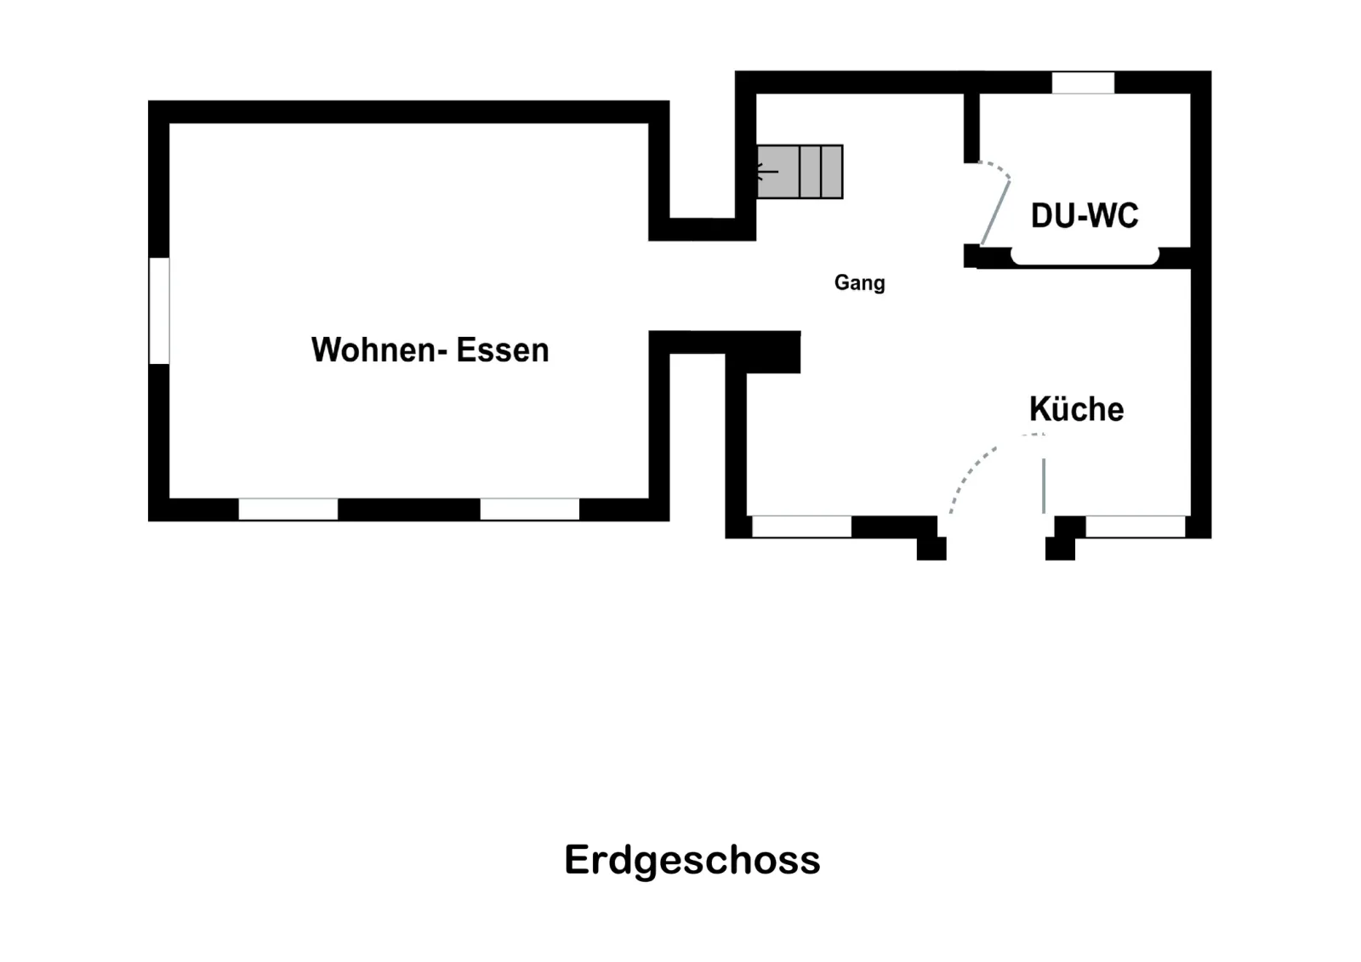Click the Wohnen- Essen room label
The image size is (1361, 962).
point(430,350)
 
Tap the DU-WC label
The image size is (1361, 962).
point(1085,216)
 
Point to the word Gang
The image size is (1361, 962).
point(859,283)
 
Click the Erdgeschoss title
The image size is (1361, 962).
point(692,861)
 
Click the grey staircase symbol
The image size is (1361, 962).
point(800,172)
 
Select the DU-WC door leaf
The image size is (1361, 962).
point(996,213)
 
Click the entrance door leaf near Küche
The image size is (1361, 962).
point(1044,487)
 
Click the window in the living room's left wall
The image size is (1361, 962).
point(159,310)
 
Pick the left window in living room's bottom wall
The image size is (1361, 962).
point(288,509)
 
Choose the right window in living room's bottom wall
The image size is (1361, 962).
point(530,509)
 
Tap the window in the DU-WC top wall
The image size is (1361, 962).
point(1084,83)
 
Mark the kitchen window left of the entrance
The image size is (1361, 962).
point(802,527)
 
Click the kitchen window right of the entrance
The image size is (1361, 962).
point(1136,527)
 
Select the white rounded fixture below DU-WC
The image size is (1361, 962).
point(1085,257)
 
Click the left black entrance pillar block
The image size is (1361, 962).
point(931,548)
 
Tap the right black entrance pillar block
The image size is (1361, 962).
point(1060,548)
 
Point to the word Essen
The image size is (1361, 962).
point(503,350)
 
